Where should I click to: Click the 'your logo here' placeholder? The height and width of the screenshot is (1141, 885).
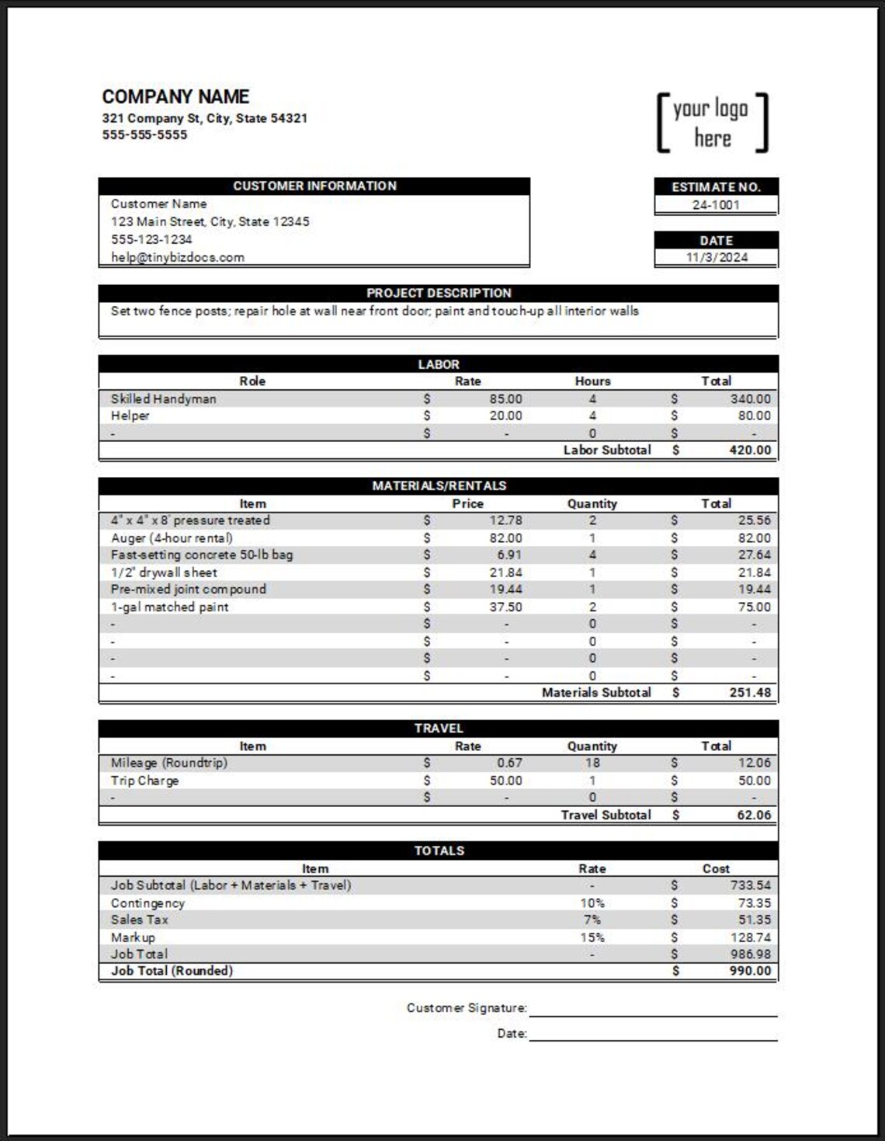(x=712, y=123)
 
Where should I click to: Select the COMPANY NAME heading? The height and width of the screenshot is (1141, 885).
(x=175, y=97)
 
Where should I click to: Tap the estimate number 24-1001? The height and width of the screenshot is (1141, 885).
(x=716, y=205)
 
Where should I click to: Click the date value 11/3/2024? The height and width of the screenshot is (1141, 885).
(x=716, y=257)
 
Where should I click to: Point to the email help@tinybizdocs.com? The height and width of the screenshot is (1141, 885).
(x=177, y=257)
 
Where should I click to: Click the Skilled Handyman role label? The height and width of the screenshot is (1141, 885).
(x=163, y=398)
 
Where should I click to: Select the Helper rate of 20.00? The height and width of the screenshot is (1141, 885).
(x=505, y=416)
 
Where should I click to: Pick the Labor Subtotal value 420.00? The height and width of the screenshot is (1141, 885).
(x=750, y=450)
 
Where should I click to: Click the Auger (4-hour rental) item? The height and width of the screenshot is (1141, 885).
(x=172, y=537)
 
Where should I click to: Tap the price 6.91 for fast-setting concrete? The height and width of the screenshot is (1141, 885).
(x=509, y=555)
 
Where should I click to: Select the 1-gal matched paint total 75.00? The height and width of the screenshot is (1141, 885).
(x=754, y=607)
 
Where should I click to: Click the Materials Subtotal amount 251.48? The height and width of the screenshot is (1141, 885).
(x=750, y=692)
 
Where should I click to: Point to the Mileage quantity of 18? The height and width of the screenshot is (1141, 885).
(x=592, y=763)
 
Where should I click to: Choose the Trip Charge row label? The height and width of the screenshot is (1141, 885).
(x=144, y=781)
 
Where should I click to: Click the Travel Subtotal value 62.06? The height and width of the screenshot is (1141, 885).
(x=754, y=815)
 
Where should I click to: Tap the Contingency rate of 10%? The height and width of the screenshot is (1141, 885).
(x=592, y=903)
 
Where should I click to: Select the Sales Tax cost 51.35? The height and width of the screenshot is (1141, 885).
(x=754, y=920)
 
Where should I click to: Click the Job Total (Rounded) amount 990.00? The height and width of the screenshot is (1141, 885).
(x=750, y=971)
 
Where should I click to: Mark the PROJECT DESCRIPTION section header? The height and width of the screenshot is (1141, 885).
(x=439, y=293)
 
